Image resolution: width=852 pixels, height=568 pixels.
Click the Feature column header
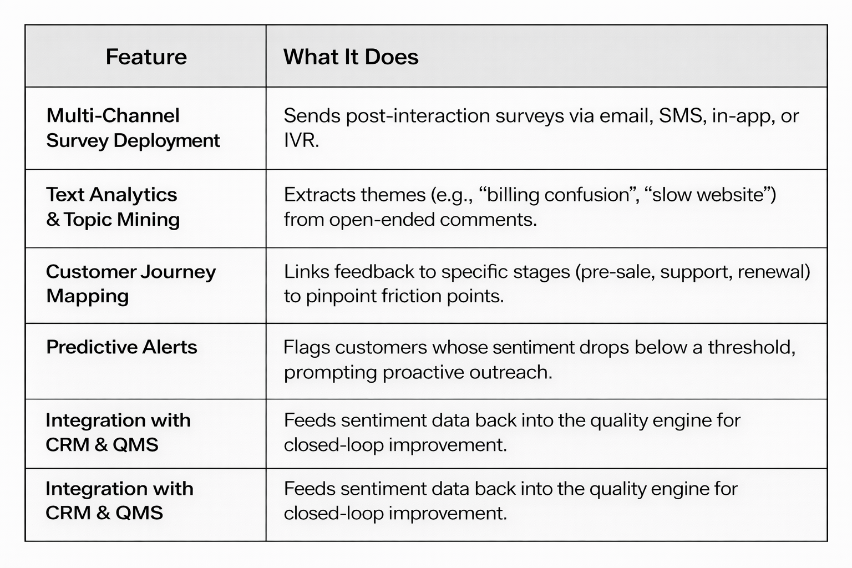[146, 57]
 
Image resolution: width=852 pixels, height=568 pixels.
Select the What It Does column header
[351, 57]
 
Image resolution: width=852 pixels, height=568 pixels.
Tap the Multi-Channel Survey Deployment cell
[133, 128]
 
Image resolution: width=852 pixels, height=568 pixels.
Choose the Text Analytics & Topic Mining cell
[113, 207]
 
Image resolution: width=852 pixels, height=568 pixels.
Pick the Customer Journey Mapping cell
[130, 284]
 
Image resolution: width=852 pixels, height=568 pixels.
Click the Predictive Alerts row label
[121, 347]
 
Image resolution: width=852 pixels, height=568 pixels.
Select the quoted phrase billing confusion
[559, 195]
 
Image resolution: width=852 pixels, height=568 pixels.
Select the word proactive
[423, 372]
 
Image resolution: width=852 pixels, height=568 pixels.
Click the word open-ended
[382, 220]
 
